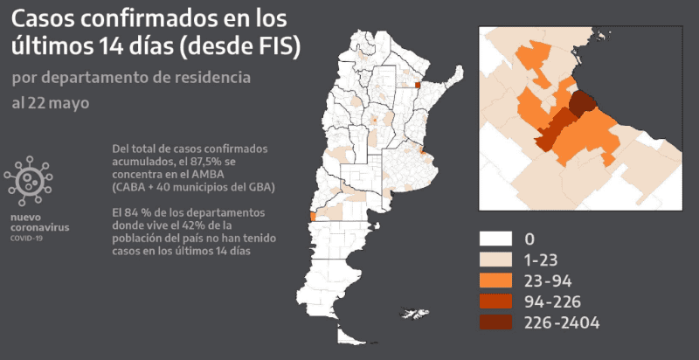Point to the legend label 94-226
click(x=554, y=301)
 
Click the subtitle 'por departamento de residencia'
click(x=132, y=78)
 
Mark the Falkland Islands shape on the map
click(x=412, y=312)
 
